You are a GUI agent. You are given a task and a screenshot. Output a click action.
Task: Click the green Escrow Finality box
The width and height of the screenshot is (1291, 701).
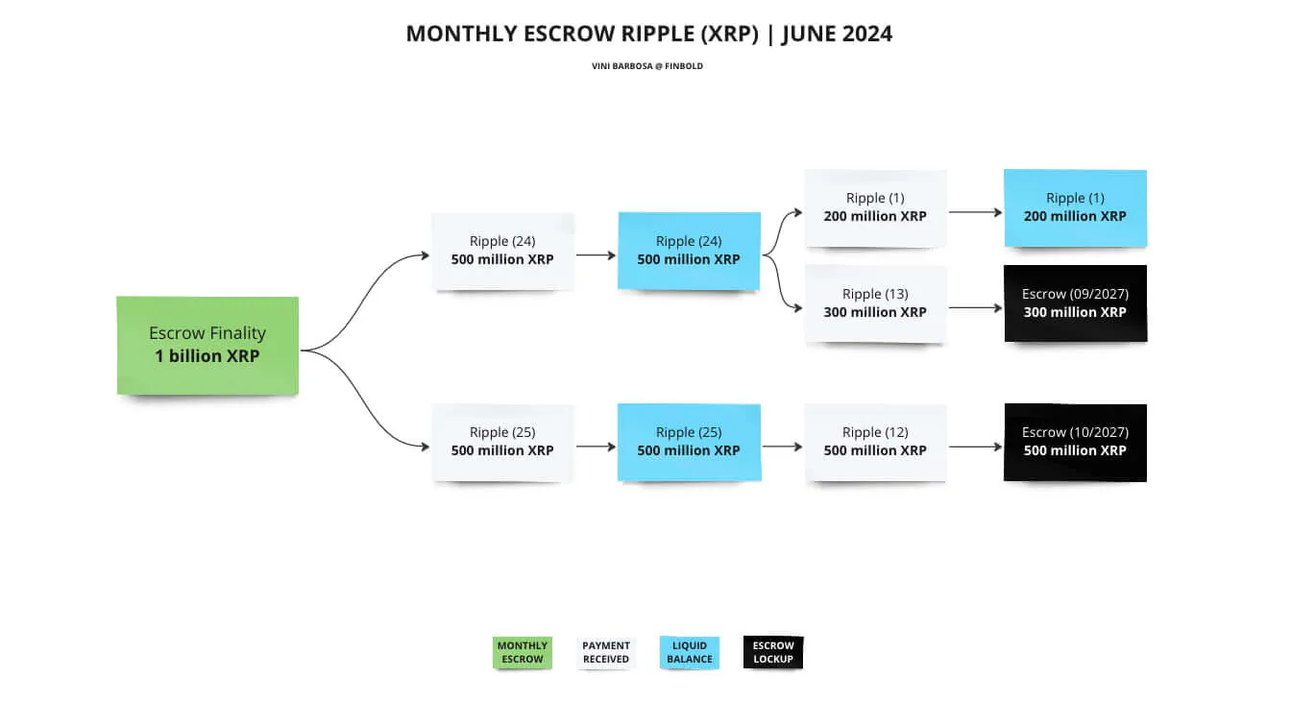point(207,345)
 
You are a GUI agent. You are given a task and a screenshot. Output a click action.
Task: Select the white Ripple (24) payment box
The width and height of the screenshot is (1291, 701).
point(502,251)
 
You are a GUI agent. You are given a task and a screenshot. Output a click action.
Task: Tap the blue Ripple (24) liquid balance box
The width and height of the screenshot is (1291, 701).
point(689,251)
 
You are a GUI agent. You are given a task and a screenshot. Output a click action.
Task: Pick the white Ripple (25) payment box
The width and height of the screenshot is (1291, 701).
point(502,442)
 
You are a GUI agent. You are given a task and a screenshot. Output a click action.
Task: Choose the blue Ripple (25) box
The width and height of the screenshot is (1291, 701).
point(689,442)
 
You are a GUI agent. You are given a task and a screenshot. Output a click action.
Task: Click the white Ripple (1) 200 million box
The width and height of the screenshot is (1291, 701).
point(875,207)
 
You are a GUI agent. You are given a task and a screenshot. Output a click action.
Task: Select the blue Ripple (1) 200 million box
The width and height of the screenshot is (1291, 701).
point(1075,207)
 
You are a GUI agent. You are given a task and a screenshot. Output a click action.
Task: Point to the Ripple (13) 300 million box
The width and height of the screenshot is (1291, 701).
point(875,303)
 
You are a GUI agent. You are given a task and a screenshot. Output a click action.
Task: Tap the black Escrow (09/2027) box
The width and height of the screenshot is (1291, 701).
point(1075,303)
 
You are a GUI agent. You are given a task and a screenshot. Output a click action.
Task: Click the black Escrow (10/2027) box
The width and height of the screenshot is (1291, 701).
point(1075,442)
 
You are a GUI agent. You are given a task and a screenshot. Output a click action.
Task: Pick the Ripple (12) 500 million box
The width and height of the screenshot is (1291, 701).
point(875,442)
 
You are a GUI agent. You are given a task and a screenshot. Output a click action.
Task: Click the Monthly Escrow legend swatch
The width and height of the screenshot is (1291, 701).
point(523,653)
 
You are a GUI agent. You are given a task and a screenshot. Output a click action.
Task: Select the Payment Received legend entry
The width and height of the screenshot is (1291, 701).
point(606,653)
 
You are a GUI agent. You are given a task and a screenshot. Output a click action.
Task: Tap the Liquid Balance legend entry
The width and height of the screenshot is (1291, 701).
point(690,653)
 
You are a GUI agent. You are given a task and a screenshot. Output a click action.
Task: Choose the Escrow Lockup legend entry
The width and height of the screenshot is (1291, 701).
point(773,653)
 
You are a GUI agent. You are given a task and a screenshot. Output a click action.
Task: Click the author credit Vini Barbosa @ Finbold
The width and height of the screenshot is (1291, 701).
point(647,66)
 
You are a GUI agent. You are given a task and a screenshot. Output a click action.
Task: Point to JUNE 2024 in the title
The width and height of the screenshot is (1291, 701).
point(837,34)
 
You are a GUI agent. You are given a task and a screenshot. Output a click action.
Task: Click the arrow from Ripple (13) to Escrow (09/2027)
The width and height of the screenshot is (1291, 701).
point(975,308)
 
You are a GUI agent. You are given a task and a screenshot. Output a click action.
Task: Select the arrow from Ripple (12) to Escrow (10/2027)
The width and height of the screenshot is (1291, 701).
point(975,447)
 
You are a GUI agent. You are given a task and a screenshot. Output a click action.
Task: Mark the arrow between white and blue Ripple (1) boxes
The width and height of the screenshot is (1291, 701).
point(975,212)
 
